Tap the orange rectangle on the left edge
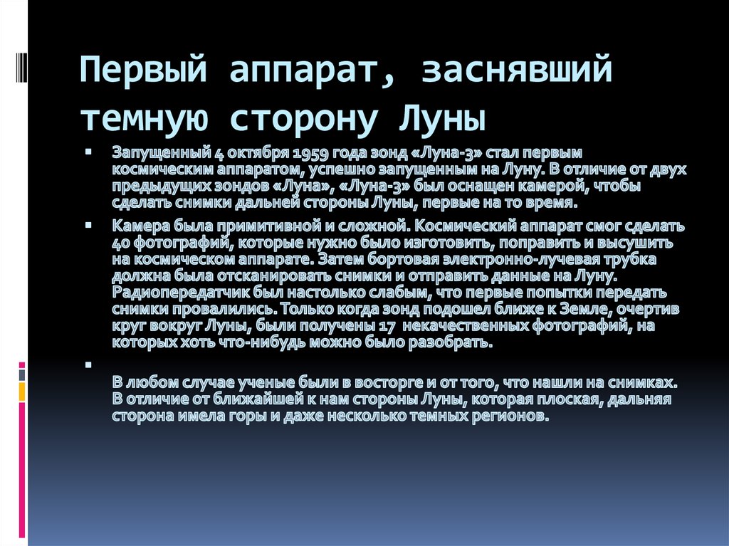click(22, 392)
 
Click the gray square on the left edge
click(22, 373)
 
